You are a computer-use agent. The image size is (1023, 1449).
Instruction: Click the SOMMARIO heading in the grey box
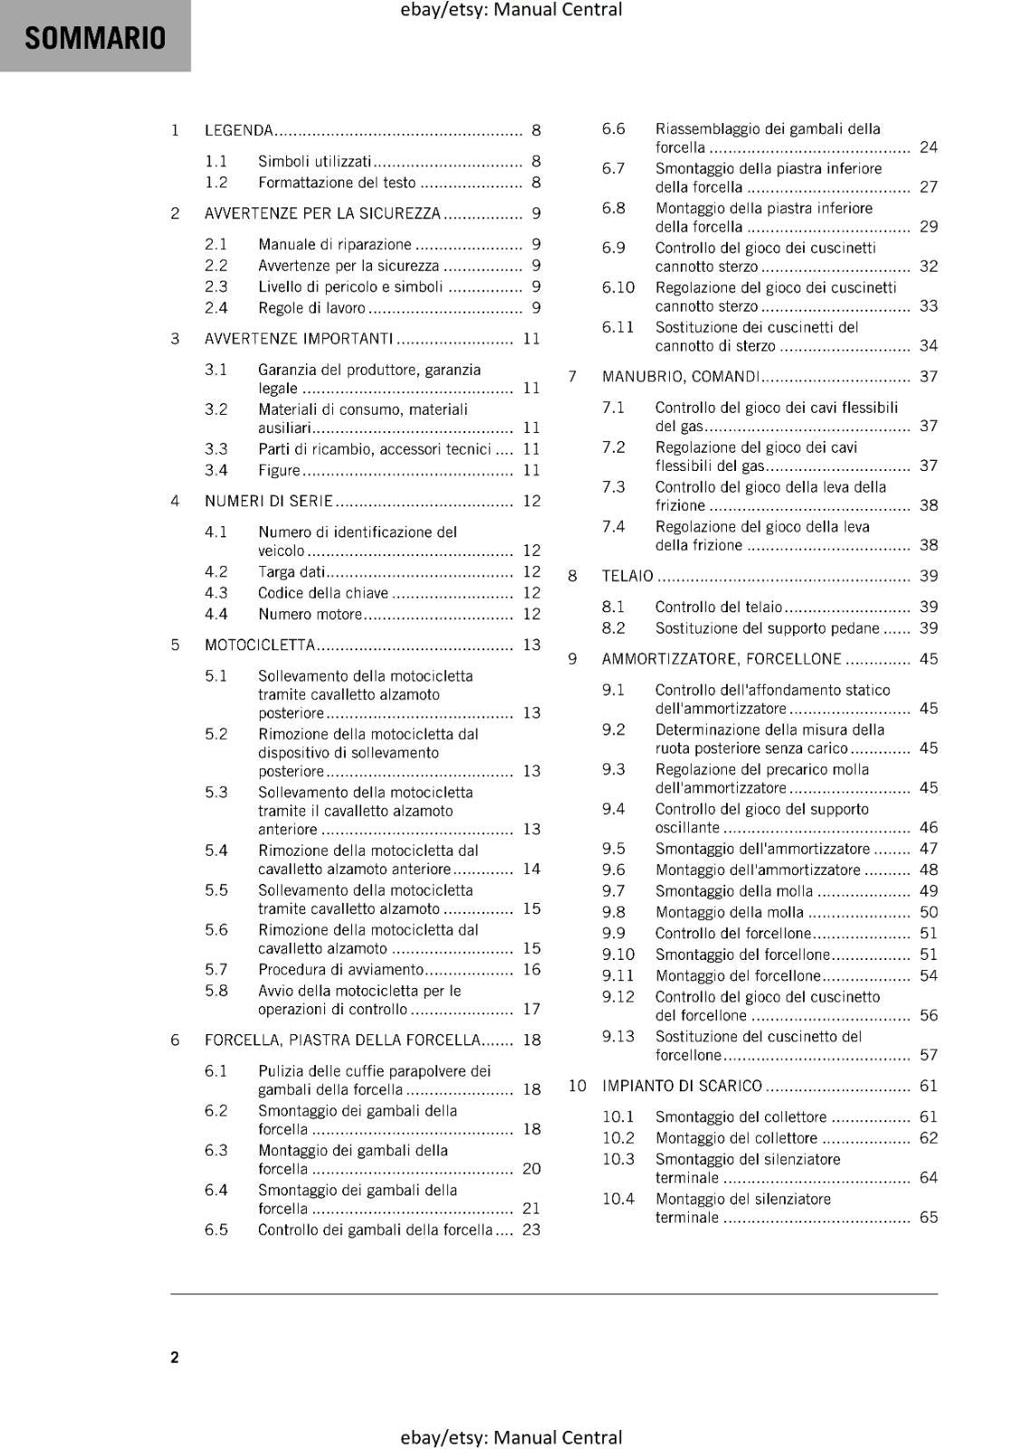click(95, 38)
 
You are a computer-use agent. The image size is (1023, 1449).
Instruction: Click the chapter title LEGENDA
click(239, 130)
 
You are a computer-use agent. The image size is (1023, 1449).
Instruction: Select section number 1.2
click(215, 182)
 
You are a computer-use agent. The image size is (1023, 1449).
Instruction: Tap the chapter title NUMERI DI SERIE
click(269, 501)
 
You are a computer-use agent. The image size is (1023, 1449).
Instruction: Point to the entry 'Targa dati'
click(292, 571)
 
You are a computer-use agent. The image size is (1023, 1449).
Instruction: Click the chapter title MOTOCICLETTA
click(260, 645)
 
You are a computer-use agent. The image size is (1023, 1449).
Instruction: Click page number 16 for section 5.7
click(531, 969)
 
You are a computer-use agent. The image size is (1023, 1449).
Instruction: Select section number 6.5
click(215, 1229)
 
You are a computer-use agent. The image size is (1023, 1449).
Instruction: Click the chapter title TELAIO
click(627, 576)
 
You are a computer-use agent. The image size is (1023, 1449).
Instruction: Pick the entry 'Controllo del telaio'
click(719, 607)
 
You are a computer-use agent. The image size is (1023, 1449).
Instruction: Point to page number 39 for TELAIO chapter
click(928, 576)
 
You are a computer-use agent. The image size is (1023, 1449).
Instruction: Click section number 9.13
click(618, 1036)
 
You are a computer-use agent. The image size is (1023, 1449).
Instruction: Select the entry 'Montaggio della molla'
click(730, 912)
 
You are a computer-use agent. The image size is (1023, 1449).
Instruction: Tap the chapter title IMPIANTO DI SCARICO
click(682, 1085)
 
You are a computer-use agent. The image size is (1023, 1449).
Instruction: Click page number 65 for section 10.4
click(928, 1217)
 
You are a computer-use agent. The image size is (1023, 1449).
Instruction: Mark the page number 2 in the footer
click(175, 1357)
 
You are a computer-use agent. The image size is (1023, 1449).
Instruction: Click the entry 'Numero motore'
click(310, 614)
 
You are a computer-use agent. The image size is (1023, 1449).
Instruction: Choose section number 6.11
click(617, 327)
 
